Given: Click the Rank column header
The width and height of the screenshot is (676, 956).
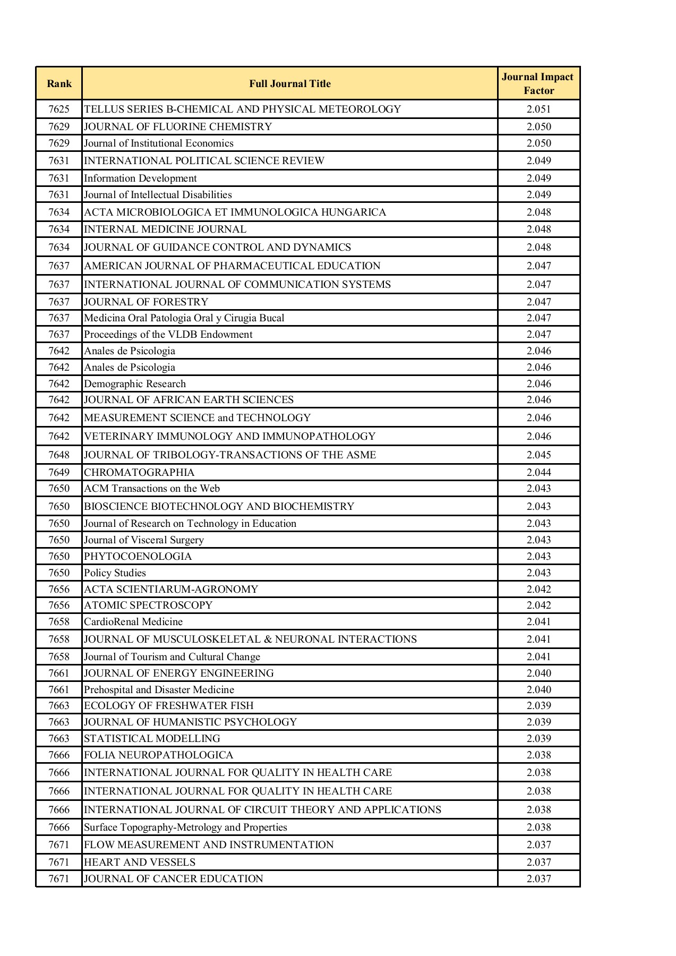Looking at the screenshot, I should (59, 84).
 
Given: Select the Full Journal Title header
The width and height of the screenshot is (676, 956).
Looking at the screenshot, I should (290, 84).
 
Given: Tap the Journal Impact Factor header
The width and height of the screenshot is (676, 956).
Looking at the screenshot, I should (538, 84).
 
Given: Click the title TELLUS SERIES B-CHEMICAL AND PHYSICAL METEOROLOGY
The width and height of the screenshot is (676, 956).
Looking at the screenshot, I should (243, 109).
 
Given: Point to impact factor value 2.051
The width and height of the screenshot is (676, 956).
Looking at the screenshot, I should (538, 109).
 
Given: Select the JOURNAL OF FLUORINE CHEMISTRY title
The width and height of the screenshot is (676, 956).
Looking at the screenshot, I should (178, 127).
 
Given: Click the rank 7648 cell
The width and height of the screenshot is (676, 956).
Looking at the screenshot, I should (59, 455).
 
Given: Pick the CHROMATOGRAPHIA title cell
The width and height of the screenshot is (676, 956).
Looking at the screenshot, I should (140, 473).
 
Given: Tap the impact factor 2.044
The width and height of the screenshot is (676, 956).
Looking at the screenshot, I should (538, 473).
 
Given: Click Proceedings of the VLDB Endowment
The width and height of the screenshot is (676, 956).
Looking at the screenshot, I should (168, 335).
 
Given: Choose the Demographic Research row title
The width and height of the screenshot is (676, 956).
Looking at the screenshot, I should (135, 384).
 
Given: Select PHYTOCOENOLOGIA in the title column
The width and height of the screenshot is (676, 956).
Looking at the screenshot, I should (138, 557).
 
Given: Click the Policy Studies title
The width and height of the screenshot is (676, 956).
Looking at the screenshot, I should (115, 573).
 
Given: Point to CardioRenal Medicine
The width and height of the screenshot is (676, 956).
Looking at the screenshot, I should (133, 622).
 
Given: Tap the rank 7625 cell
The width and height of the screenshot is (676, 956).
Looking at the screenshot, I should (59, 109).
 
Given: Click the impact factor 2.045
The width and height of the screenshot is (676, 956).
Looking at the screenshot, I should (538, 455).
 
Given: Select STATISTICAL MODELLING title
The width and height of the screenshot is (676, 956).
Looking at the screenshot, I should (152, 739).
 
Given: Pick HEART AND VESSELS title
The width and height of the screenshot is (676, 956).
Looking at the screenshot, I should (140, 863).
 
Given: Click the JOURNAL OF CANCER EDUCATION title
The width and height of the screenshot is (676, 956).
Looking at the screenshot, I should (174, 879).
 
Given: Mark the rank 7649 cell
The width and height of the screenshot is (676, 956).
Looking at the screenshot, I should (59, 473).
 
